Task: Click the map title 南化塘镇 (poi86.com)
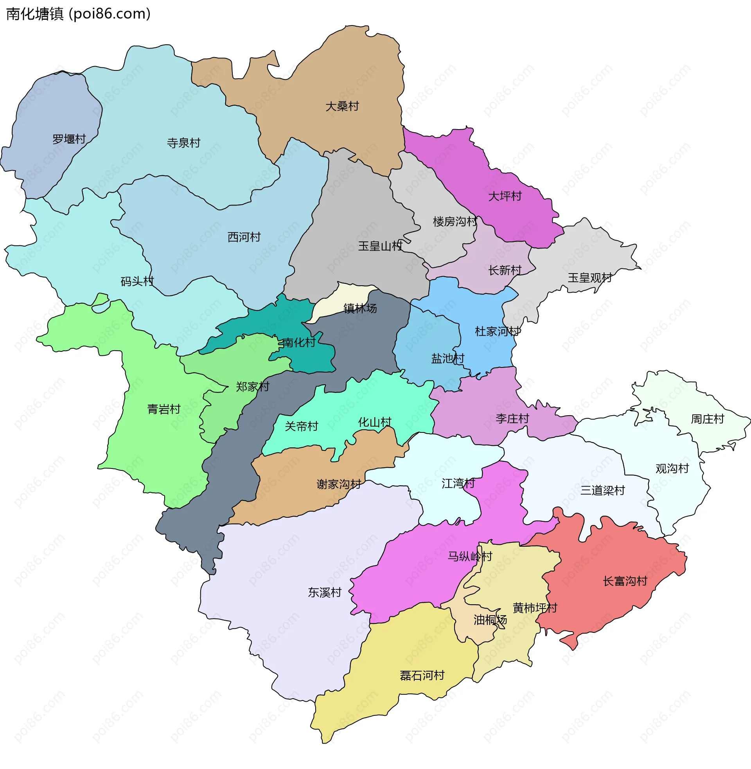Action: pos(79,14)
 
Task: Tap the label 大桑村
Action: pos(342,106)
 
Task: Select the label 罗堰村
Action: pos(69,139)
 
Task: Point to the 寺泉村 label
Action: pos(183,143)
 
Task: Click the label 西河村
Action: pos(244,237)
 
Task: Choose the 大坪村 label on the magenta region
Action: pos(505,196)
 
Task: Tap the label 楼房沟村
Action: pos(455,222)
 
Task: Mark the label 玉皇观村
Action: pos(590,278)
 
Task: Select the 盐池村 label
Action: pos(448,358)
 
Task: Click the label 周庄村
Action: pos(707,419)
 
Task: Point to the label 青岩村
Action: pos(163,409)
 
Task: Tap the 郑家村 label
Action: pos(252,387)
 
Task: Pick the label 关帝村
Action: pos(301,427)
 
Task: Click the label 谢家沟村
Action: pos(339,484)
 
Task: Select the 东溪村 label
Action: pos(324,593)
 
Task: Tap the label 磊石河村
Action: pos(422,676)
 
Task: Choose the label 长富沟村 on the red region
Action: pos(625,581)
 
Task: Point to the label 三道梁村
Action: pos(602,491)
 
